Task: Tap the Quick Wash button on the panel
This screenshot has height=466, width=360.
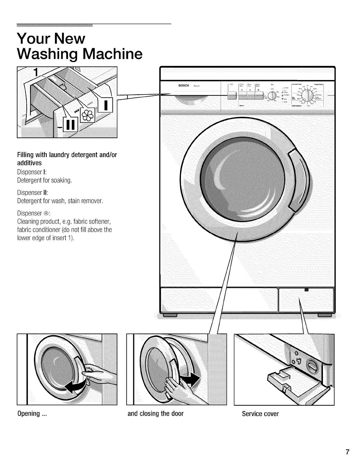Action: (259, 96)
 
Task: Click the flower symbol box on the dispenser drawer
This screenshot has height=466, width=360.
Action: (89, 115)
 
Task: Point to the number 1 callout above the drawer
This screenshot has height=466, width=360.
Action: (37, 72)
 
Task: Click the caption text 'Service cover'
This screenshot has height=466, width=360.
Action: (260, 414)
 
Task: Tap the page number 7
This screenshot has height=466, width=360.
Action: (348, 452)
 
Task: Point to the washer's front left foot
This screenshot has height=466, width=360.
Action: (170, 315)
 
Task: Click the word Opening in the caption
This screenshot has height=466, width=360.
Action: (29, 414)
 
